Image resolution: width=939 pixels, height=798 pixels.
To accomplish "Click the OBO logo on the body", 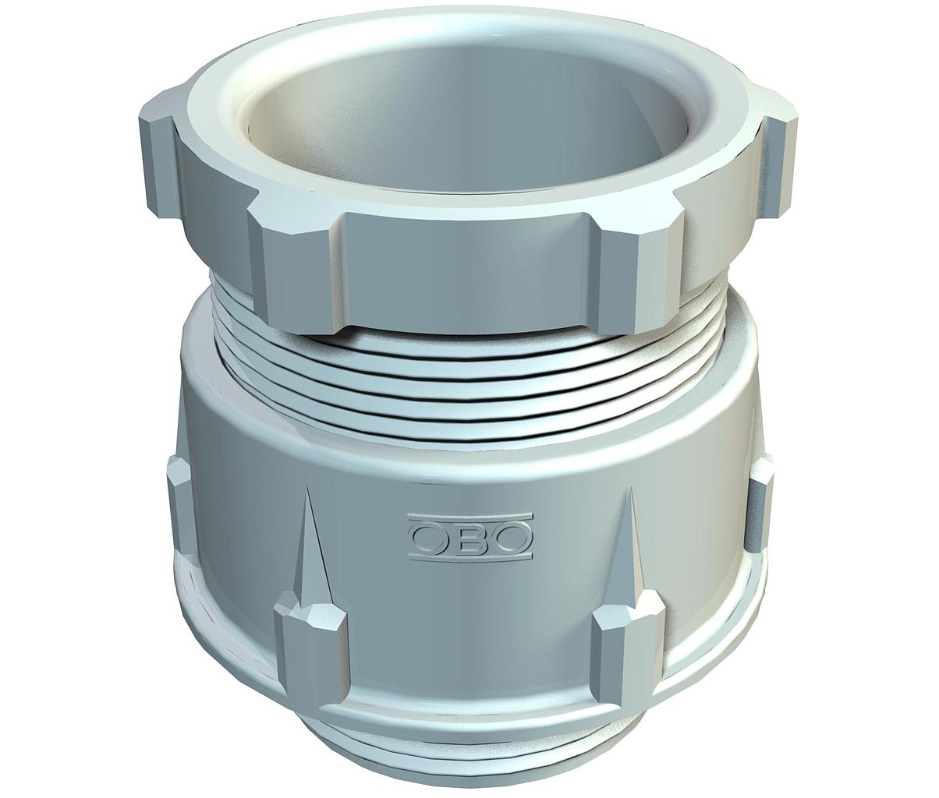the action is [x=470, y=536].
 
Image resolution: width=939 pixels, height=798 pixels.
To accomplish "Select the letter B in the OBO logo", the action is [x=470, y=537].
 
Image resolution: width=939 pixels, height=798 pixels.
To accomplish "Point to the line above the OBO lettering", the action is [x=470, y=517].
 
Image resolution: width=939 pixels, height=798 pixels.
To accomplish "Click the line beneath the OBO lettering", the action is [x=470, y=556].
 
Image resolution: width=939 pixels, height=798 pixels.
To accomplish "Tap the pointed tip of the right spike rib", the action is [x=630, y=489].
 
